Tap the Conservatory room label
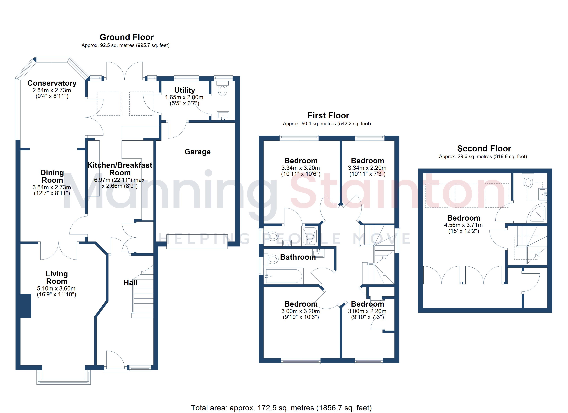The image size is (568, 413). click(52, 83)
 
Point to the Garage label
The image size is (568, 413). click(198, 152)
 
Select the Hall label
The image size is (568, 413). click(130, 283)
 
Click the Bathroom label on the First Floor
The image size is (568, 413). click(298, 257)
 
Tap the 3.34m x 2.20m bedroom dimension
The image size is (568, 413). click(367, 168)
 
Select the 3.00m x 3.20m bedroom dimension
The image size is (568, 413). click(301, 311)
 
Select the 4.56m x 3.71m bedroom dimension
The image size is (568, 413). click(463, 225)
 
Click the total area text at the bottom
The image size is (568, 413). click(281, 408)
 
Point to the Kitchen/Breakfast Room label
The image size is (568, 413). click(120, 169)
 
